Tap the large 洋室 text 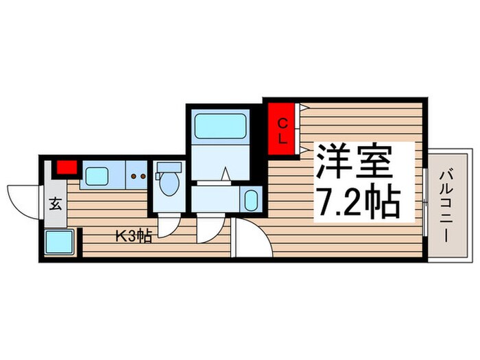click(353, 163)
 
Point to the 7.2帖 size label click(359, 199)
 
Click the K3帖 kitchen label click(133, 237)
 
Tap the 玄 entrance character click(54, 203)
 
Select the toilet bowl click(168, 184)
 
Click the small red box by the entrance click(66, 167)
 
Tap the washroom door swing click(205, 226)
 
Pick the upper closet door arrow click(303, 108)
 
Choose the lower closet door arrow click(303, 149)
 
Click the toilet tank click(169, 167)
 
